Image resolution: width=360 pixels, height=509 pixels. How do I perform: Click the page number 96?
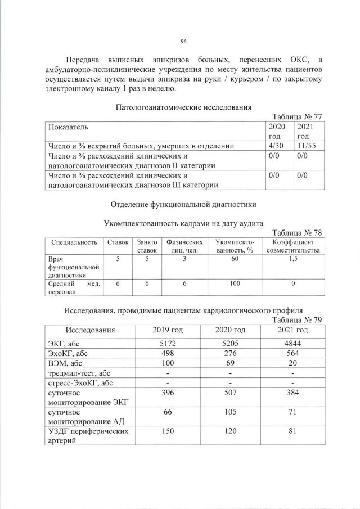[x=183, y=41]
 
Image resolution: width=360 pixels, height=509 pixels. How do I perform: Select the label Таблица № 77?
[x=297, y=116]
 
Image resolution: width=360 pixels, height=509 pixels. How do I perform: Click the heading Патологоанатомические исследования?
[x=183, y=107]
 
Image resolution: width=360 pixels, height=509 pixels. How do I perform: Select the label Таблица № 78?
[x=297, y=233]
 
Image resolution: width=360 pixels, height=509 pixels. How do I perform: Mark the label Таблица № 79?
[x=297, y=320]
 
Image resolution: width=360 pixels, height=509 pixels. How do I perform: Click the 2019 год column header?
[x=169, y=330]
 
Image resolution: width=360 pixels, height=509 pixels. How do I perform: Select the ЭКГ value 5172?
[x=169, y=343]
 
